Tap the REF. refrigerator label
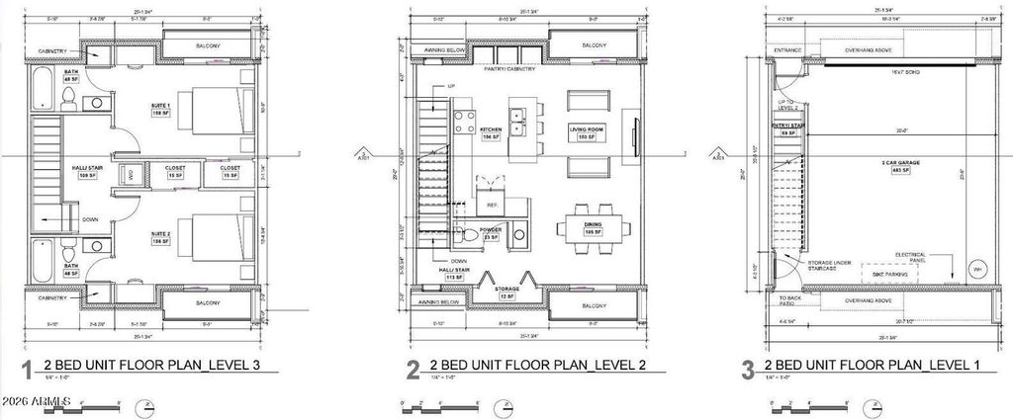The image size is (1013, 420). point(491,205)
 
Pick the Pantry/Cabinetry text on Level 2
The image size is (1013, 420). point(510,69)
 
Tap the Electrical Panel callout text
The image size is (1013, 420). point(911,257)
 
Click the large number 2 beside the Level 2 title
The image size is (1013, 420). point(414,372)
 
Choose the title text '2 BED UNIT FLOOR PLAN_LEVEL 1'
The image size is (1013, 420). point(875,367)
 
